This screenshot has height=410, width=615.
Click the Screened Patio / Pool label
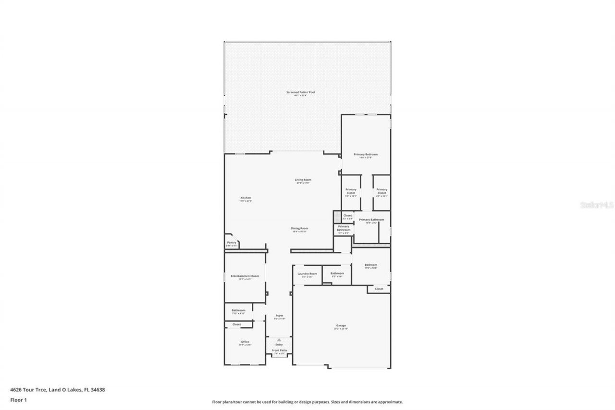point(301,92)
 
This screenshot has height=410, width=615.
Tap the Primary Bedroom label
point(366,155)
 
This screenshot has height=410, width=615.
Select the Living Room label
point(303,180)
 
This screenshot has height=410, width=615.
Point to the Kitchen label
point(246,198)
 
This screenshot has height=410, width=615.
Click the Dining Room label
point(299,228)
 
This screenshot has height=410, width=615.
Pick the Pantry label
point(232,243)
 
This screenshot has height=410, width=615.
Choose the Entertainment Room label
point(245,276)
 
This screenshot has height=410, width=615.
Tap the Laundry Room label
point(307,274)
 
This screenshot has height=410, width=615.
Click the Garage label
point(341,326)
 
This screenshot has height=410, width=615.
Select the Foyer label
point(279,316)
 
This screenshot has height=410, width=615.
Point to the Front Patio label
point(279,350)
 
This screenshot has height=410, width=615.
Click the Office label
point(245,342)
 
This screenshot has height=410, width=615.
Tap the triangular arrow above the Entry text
point(279,340)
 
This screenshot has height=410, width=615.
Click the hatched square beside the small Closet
point(337,217)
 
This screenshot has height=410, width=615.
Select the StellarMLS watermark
point(597,205)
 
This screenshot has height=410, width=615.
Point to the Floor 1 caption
point(18,399)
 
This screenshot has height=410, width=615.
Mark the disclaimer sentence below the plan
point(307,402)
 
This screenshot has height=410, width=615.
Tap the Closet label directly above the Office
point(237,324)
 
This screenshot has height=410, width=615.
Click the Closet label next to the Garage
point(379,289)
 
